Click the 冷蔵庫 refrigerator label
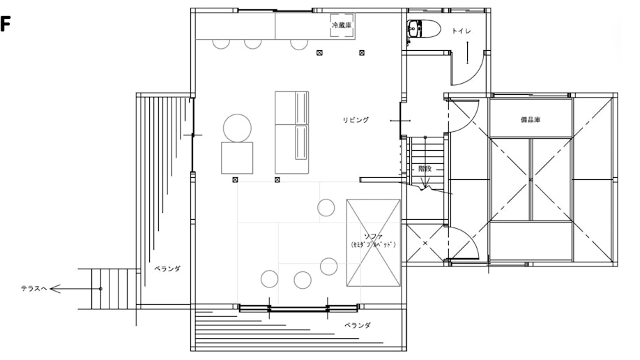pyautogui.click(x=343, y=25)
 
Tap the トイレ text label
pyautogui.click(x=461, y=31)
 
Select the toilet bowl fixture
pyautogui.click(x=422, y=29)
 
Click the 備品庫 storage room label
pyautogui.click(x=531, y=120)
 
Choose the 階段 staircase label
pyautogui.click(x=425, y=170)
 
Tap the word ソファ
pyautogui.click(x=374, y=236)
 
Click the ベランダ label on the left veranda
pyautogui.click(x=167, y=269)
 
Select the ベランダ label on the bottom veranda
pyautogui.click(x=357, y=325)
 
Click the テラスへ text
pyautogui.click(x=33, y=288)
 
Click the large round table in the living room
pyautogui.click(x=237, y=128)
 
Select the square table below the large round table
pyautogui.click(x=237, y=158)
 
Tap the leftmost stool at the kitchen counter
pyautogui.click(x=221, y=43)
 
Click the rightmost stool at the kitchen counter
pyautogui.click(x=298, y=43)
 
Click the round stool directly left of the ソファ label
pyautogui.click(x=328, y=266)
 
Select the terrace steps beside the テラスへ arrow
pyautogui.click(x=107, y=289)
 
